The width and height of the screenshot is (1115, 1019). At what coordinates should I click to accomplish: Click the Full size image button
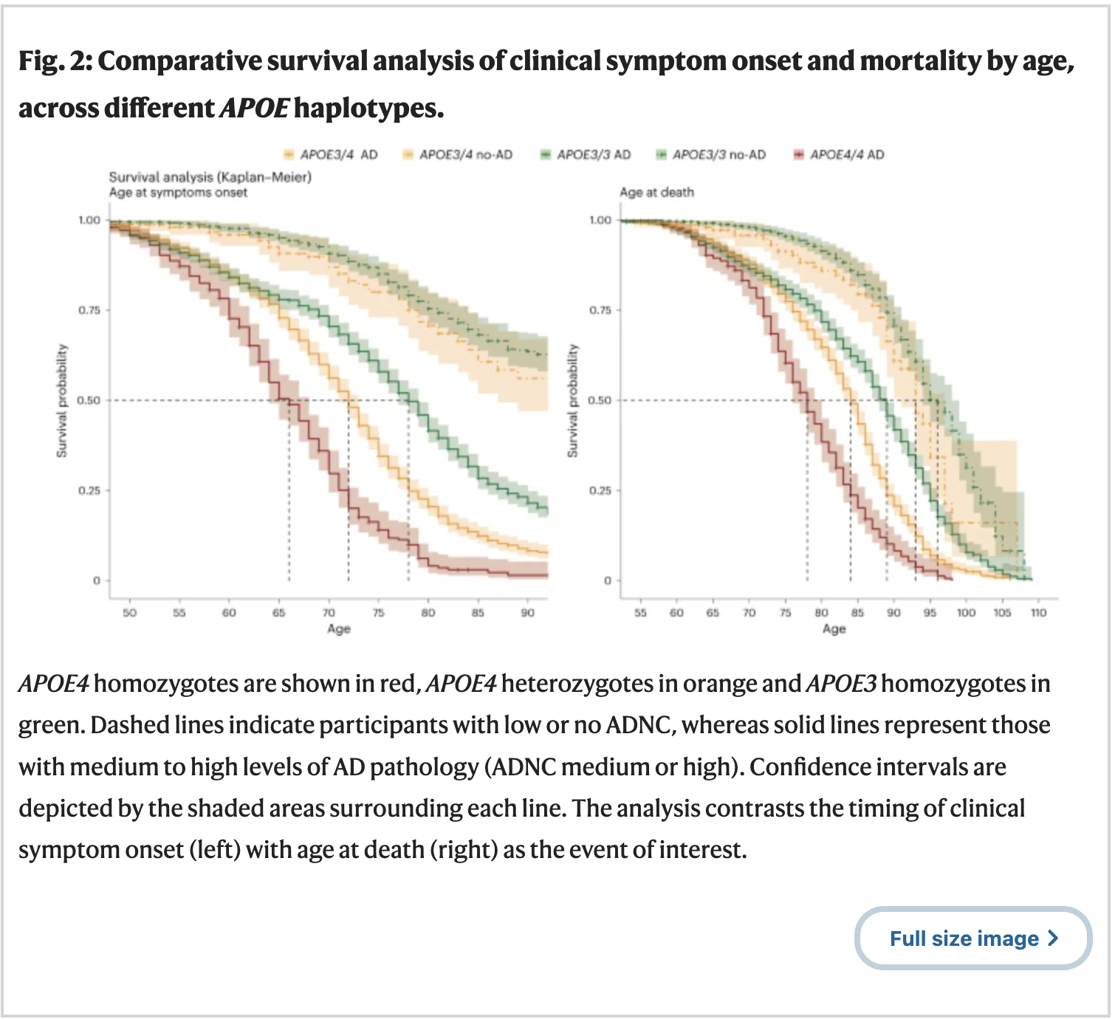click(x=972, y=939)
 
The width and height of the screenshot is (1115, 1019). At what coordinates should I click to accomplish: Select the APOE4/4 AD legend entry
click(x=839, y=154)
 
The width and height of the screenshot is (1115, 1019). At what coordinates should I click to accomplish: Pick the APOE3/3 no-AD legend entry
click(x=711, y=154)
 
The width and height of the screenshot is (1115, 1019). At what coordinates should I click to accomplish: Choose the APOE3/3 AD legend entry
click(x=586, y=154)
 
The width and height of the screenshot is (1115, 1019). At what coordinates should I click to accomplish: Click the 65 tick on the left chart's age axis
click(x=278, y=613)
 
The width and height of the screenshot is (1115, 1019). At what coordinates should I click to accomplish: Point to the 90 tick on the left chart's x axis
click(x=527, y=613)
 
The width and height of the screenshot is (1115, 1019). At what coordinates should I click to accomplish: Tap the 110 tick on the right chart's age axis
click(x=1038, y=613)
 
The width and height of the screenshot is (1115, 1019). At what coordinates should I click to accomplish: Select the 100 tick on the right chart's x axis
click(x=966, y=613)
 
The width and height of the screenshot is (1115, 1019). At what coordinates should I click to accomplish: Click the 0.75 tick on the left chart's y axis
click(x=89, y=310)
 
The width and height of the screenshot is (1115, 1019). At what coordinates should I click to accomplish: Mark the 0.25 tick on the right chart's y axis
click(x=600, y=490)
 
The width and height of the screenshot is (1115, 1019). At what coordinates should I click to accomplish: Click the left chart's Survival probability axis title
click(x=62, y=401)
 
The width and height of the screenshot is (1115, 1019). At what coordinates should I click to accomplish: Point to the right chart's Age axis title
click(x=834, y=628)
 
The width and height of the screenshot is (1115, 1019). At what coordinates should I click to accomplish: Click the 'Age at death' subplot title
click(x=656, y=192)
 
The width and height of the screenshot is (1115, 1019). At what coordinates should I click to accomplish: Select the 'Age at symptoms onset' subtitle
click(x=178, y=192)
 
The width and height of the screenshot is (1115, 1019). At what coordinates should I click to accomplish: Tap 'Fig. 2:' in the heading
click(x=55, y=61)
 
